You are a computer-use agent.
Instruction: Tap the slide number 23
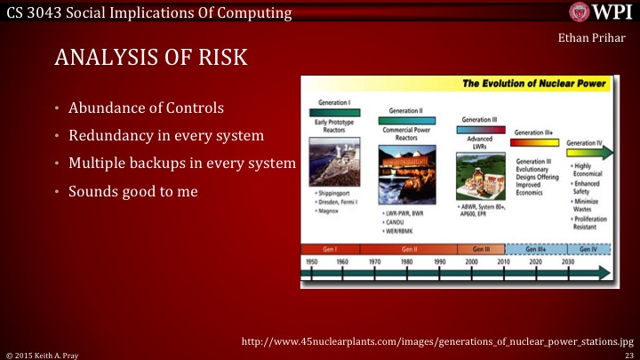628,354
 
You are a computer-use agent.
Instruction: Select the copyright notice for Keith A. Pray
42,354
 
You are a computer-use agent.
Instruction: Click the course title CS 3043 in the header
146,12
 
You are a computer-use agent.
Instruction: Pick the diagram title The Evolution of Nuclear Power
534,84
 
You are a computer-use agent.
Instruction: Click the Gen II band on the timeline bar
409,249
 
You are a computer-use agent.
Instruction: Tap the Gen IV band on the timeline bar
588,249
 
